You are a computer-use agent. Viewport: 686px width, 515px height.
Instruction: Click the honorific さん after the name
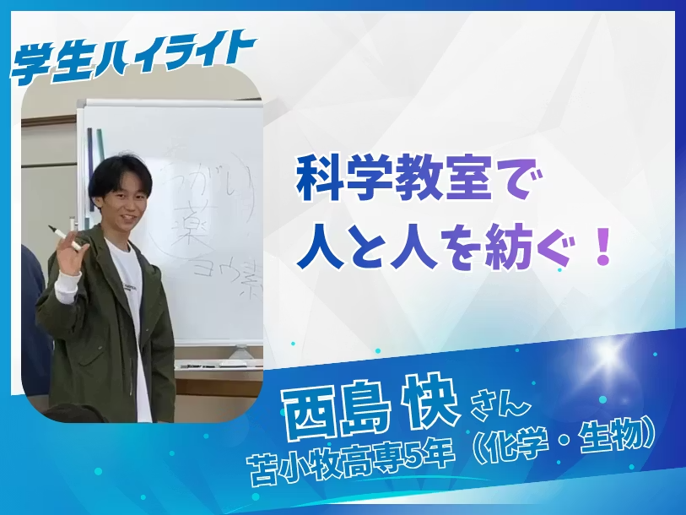(498, 412)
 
